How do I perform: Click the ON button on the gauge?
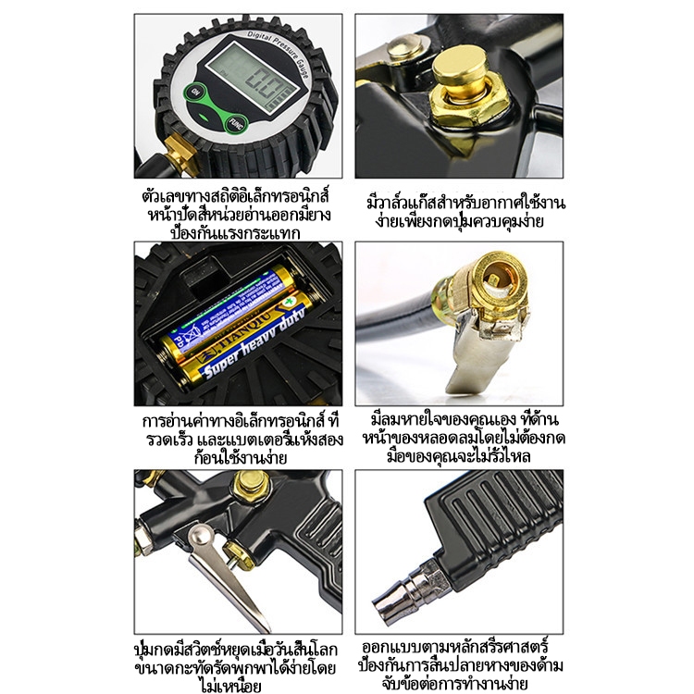pyautogui.click(x=193, y=92)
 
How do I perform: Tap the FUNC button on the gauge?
pyautogui.click(x=235, y=124)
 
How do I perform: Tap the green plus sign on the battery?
pyautogui.click(x=289, y=301)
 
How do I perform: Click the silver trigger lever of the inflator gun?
pyautogui.click(x=226, y=576)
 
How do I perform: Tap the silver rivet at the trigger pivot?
pyautogui.click(x=199, y=537)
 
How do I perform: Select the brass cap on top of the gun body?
pyautogui.click(x=251, y=486)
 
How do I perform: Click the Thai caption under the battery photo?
pyautogui.click(x=242, y=440)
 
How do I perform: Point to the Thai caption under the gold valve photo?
pyautogui.click(x=465, y=213)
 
